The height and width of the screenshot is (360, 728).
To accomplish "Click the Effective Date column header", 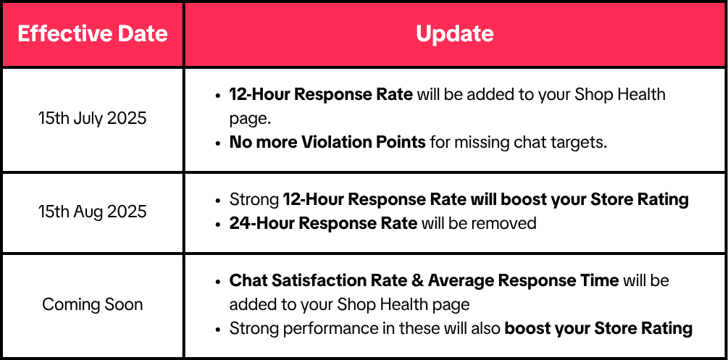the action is (93, 34).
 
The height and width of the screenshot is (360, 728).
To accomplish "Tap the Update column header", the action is (454, 34).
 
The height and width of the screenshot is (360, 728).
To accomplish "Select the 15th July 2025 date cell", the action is (93, 118).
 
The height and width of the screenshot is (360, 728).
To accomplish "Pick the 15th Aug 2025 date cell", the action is (93, 212).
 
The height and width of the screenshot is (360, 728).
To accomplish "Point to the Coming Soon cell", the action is (93, 304).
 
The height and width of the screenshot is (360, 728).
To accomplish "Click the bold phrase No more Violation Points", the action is (327, 142).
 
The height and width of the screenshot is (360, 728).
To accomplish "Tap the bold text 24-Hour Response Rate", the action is (323, 223).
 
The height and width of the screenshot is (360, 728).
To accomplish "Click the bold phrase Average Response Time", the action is (523, 280).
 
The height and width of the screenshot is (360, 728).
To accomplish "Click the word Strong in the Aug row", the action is (254, 199).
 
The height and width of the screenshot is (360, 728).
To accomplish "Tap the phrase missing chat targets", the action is (531, 142).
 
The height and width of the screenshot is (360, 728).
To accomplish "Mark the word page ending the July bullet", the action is (249, 119).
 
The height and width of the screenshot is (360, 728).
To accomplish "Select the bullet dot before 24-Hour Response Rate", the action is (218, 224).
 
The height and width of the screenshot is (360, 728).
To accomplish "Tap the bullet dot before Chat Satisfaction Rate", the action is (218, 282).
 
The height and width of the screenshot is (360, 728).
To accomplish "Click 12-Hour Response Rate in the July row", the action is (321, 94).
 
